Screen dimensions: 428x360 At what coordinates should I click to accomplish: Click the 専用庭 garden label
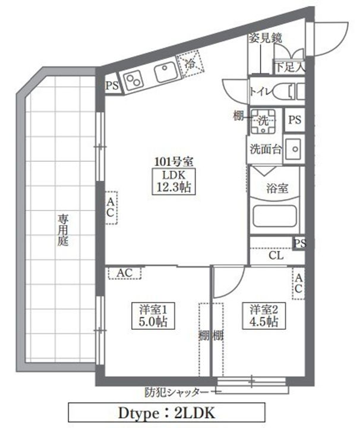coord(62,230)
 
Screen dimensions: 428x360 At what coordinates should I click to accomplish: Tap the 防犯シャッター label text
coord(176,392)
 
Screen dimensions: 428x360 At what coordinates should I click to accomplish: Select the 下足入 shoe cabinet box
coord(289,67)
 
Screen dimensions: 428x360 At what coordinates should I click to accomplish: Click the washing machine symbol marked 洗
coord(262,121)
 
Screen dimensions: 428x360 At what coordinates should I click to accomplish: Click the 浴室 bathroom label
coord(276,189)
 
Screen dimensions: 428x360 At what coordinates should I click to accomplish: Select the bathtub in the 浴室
coord(274,215)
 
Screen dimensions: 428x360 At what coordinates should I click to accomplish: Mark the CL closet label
coord(275,256)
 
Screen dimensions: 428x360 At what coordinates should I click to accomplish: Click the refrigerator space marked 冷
coord(191,65)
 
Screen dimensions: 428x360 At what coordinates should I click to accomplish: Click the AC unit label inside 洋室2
coord(299,284)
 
